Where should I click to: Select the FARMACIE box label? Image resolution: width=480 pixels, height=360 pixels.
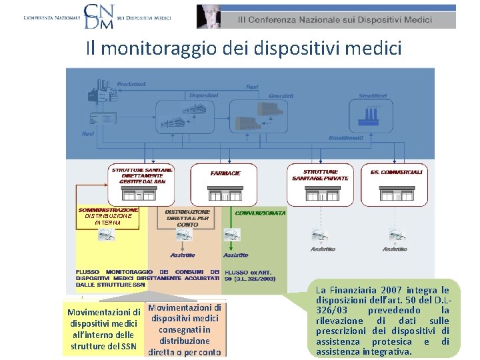pos(224,173)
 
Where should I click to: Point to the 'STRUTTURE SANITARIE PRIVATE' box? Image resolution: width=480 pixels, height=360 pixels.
pos(320,175)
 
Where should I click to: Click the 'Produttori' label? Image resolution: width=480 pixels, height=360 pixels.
pos(131,83)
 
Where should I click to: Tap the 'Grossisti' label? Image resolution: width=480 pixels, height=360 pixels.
pos(281,96)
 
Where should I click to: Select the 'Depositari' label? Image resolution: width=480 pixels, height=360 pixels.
pos(203,96)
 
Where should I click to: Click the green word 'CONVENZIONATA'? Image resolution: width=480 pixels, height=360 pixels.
pos(260,213)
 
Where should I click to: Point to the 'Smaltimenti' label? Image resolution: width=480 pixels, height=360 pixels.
pos(346,138)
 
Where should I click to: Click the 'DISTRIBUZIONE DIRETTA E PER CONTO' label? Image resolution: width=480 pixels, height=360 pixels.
pos(187,218)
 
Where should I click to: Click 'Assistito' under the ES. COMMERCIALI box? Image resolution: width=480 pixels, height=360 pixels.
pos(395,249)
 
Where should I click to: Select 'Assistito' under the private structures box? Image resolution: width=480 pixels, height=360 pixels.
pos(323,249)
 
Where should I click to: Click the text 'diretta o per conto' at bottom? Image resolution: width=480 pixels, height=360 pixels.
pos(184,352)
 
